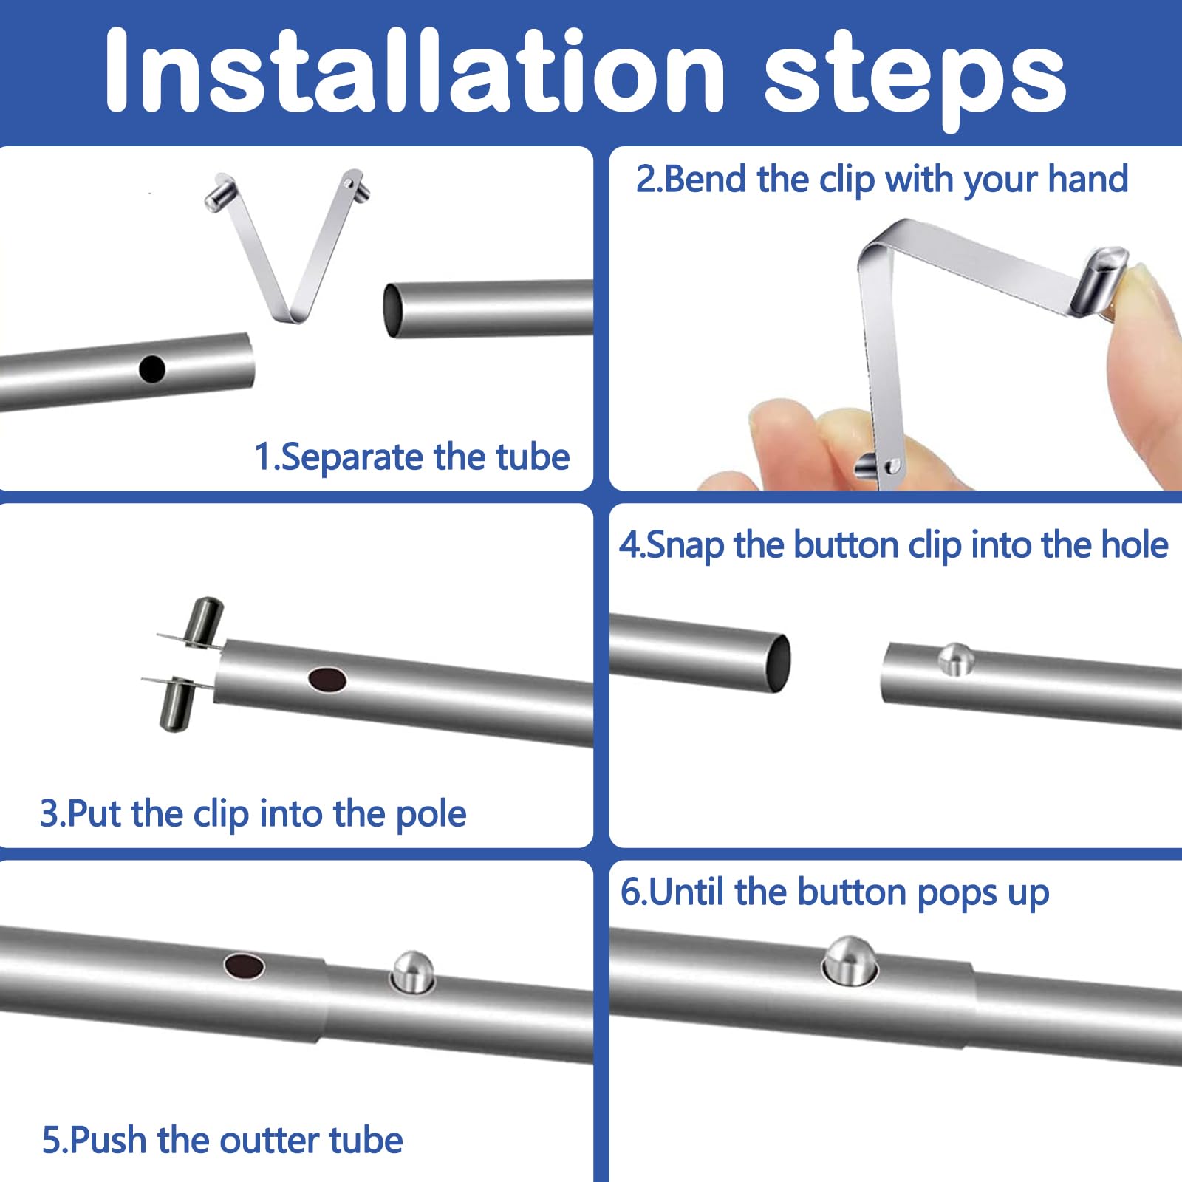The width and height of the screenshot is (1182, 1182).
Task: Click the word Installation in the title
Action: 414,71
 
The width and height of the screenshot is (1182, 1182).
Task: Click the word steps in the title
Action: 915,80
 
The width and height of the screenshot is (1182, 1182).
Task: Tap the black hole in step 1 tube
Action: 152,369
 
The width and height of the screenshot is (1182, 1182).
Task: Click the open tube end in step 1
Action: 392,310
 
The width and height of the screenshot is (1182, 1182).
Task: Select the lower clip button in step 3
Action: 177,705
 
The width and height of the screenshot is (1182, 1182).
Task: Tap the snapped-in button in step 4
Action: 956,659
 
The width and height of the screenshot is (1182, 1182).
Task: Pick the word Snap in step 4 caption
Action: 685,546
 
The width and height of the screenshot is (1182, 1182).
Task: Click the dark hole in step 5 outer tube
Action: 245,965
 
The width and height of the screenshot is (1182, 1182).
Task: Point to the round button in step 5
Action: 412,971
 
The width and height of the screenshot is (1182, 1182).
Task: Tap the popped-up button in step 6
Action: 850,959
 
